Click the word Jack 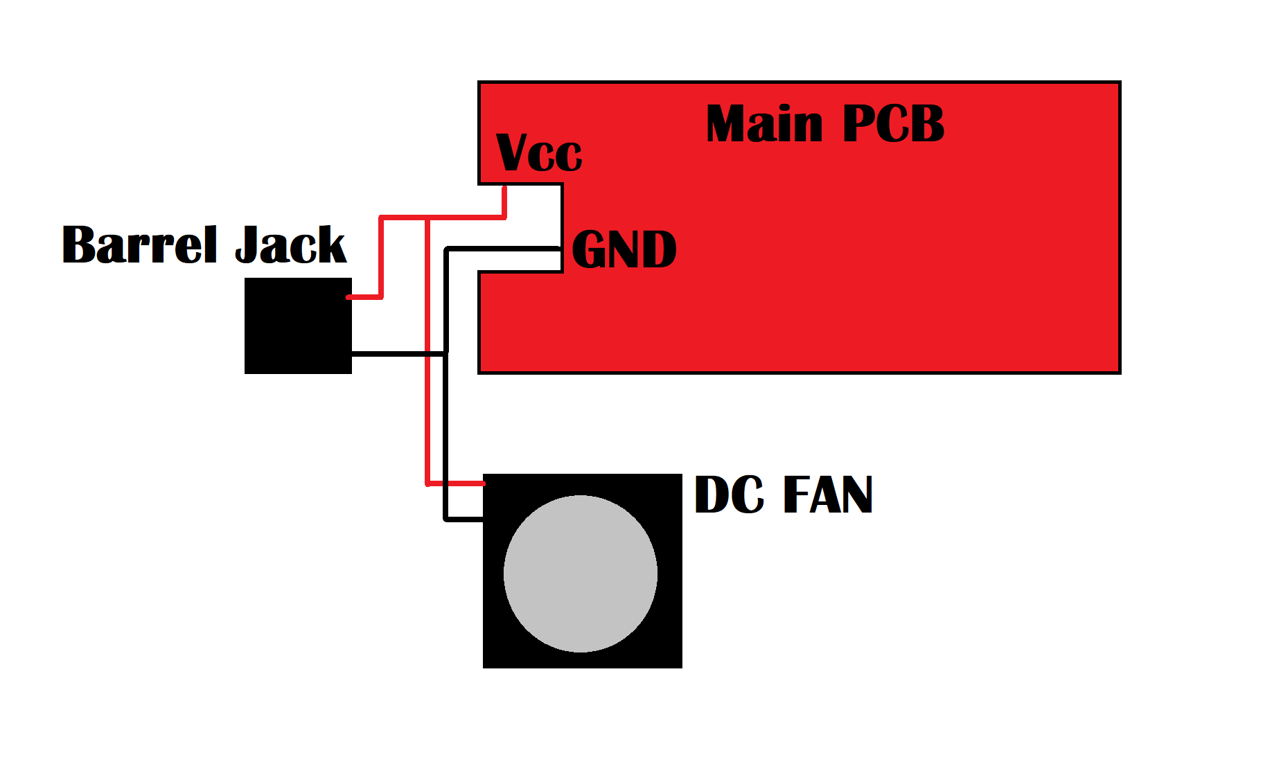click(290, 245)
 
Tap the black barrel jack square click(298, 326)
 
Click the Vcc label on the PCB click(539, 153)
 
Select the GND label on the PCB click(624, 250)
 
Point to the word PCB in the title click(894, 124)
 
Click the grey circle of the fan click(581, 574)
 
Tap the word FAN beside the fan click(827, 495)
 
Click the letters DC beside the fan click(729, 495)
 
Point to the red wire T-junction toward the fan click(427, 219)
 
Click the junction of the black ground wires click(445, 354)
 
